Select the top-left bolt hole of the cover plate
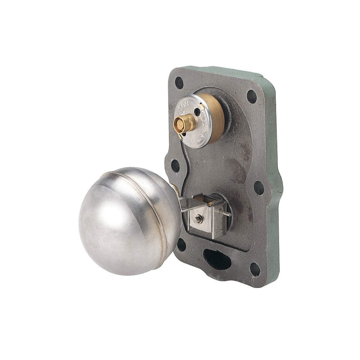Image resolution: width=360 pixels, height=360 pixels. [x=179, y=83]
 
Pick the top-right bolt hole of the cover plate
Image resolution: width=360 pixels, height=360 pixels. [x=252, y=96]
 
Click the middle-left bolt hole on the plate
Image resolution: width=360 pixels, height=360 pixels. [x=175, y=165]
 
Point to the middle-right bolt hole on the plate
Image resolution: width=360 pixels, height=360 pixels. [x=259, y=188]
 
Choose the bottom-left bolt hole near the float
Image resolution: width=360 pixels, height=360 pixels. [x=181, y=245]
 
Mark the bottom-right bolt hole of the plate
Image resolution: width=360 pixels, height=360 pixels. [x=255, y=269]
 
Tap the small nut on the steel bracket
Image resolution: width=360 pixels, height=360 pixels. [x=198, y=219]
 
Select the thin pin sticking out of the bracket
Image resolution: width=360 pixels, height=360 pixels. [x=226, y=213]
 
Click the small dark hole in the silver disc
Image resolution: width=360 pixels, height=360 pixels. [x=197, y=112]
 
